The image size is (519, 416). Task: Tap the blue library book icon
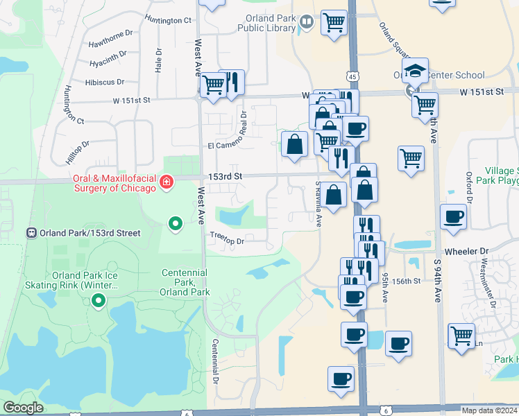click(x=307, y=23)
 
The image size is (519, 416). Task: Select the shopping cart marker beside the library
click(x=334, y=22)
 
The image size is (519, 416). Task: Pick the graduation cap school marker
click(x=415, y=71)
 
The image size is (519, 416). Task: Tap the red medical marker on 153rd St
click(x=166, y=182)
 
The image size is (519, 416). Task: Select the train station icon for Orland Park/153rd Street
click(x=31, y=233)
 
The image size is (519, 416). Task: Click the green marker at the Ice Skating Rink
click(x=98, y=301)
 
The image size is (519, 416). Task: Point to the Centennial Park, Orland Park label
click(x=185, y=282)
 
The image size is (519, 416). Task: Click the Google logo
click(x=23, y=408)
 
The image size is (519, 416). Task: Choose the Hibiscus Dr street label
click(x=105, y=82)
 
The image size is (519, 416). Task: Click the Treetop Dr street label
click(x=227, y=241)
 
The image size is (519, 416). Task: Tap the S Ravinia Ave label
click(x=318, y=205)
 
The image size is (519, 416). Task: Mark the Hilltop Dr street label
click(x=78, y=152)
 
